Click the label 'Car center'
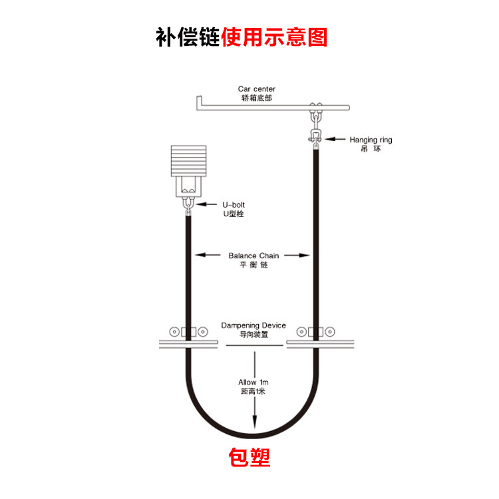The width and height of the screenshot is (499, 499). [256, 88]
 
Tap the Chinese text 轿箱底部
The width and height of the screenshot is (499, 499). [256, 98]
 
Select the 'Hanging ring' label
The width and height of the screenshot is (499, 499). [371, 140]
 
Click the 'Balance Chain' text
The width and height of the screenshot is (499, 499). [254, 255]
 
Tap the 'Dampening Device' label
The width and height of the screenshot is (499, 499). [253, 325]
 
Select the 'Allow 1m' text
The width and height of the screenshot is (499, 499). [253, 383]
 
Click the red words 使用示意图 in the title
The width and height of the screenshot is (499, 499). [275, 36]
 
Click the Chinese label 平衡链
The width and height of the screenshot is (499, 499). [253, 265]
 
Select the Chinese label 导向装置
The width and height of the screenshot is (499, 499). [253, 335]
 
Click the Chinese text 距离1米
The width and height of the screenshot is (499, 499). [253, 392]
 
